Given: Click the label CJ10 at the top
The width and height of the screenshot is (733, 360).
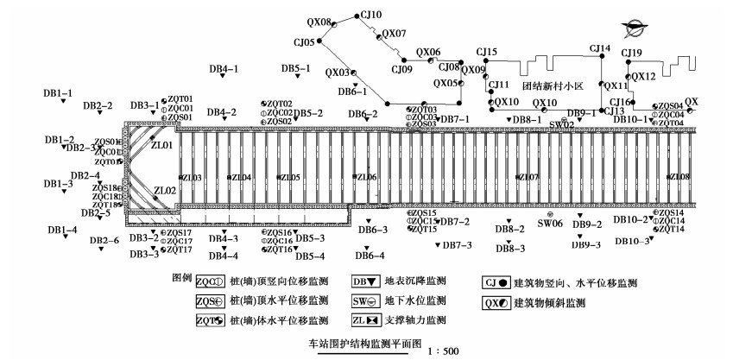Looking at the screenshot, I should pyautogui.click(x=371, y=15).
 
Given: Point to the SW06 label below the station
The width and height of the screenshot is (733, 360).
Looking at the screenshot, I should pyautogui.click(x=550, y=223).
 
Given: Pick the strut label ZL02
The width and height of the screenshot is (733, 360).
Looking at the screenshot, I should pyautogui.click(x=165, y=191).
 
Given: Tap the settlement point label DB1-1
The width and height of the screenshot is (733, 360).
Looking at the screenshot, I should pyautogui.click(x=59, y=92).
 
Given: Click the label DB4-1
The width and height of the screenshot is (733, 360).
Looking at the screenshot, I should pyautogui.click(x=224, y=68).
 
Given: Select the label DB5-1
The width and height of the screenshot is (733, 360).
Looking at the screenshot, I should pyautogui.click(x=295, y=68).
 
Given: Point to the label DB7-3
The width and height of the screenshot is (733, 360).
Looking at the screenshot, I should pyautogui.click(x=457, y=246).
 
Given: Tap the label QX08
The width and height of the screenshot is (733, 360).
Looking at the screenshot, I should pyautogui.click(x=319, y=22).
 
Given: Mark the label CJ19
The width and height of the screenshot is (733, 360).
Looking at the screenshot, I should pyautogui.click(x=633, y=54).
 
